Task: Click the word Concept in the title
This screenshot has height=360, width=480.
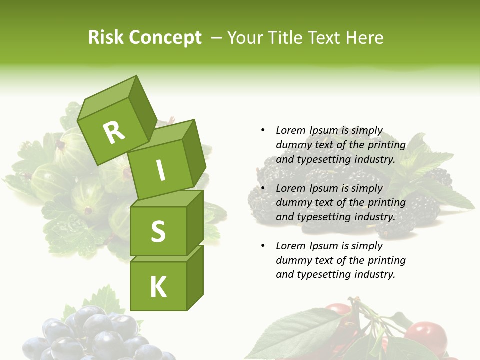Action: click(x=165, y=38)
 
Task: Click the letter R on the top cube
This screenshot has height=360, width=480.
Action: click(x=114, y=132)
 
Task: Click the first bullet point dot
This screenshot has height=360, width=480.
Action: click(x=263, y=130)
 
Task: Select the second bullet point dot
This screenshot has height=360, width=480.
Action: click(x=263, y=188)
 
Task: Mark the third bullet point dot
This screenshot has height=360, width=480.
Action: click(x=263, y=246)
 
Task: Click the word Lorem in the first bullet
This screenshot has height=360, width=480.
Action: click(x=291, y=130)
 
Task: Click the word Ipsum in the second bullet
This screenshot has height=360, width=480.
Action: click(x=324, y=188)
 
